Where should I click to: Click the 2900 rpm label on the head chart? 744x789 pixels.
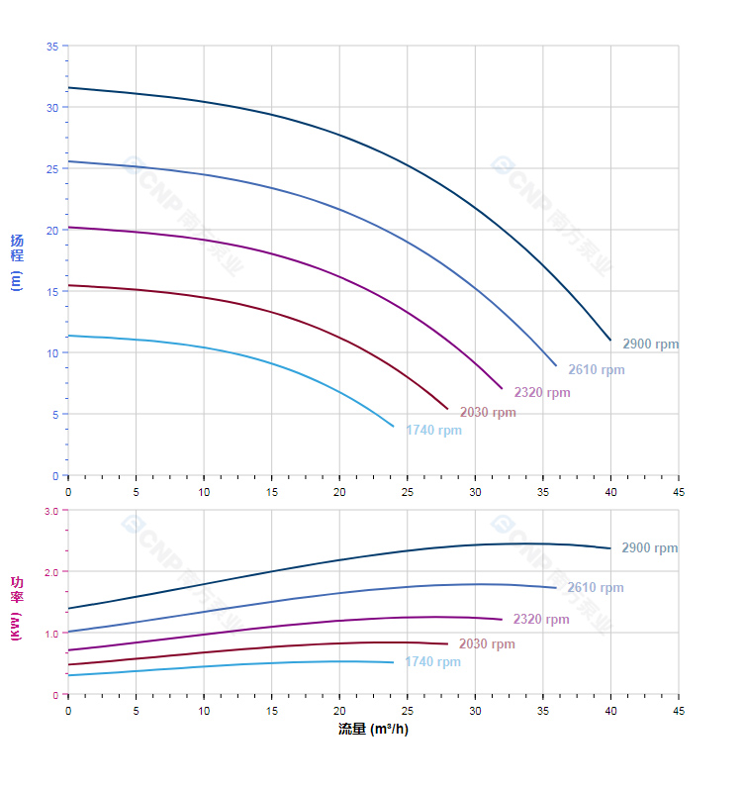(650, 345)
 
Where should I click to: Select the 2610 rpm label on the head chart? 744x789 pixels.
(596, 370)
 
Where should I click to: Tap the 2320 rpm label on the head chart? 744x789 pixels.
(541, 393)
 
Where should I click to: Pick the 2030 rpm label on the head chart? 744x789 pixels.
(487, 413)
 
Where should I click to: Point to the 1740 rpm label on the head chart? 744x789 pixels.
(433, 431)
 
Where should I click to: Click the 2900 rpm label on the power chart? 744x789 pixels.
(649, 548)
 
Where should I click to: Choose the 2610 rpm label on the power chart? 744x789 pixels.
(595, 588)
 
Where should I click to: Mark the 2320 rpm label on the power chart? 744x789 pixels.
(540, 620)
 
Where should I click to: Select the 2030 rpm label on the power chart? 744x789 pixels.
(486, 644)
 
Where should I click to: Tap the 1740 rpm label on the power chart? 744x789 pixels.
(432, 662)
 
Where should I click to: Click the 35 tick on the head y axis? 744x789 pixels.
(52, 46)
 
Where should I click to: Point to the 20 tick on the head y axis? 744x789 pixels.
(52, 230)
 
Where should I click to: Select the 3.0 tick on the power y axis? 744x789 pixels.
(51, 511)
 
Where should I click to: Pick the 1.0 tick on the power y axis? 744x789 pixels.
(51, 634)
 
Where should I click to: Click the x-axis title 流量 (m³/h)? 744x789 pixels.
(373, 730)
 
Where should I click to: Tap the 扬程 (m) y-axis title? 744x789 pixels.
(17, 261)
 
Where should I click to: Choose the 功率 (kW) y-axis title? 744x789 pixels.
(17, 608)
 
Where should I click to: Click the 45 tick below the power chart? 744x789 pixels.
(679, 711)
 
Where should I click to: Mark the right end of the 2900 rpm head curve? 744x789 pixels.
(610, 340)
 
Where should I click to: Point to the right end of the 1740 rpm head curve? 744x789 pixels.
(394, 427)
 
